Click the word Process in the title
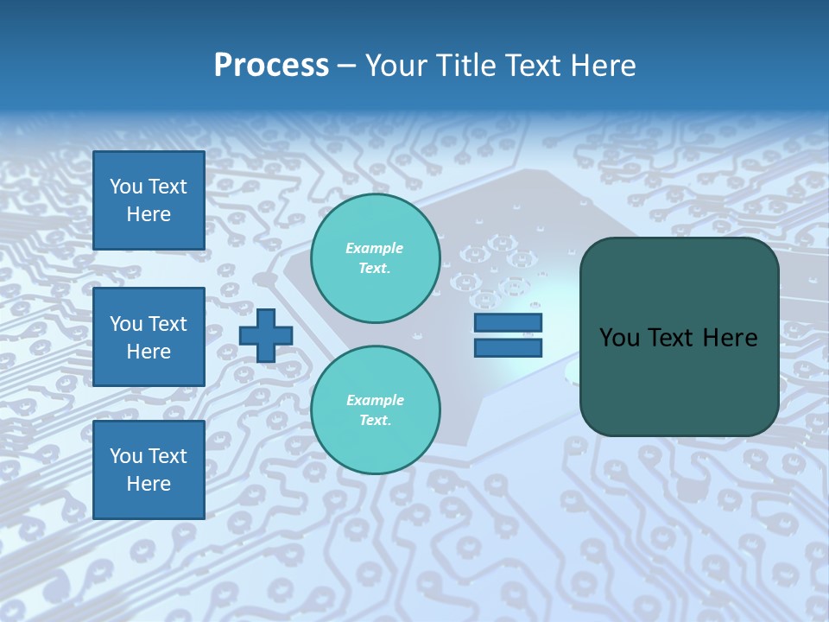(x=271, y=66)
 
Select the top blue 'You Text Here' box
(x=149, y=200)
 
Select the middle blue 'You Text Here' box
(x=149, y=337)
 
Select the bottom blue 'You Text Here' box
(x=149, y=470)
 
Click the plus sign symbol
(x=266, y=335)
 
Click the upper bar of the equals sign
(x=508, y=323)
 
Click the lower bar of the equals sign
(x=508, y=347)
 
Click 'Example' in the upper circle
(x=375, y=248)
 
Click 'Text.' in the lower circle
(x=375, y=420)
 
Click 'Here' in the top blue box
(x=149, y=214)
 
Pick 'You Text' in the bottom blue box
(x=149, y=456)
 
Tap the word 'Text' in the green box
(x=674, y=338)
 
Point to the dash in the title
(x=346, y=66)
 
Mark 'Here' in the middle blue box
(x=149, y=352)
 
